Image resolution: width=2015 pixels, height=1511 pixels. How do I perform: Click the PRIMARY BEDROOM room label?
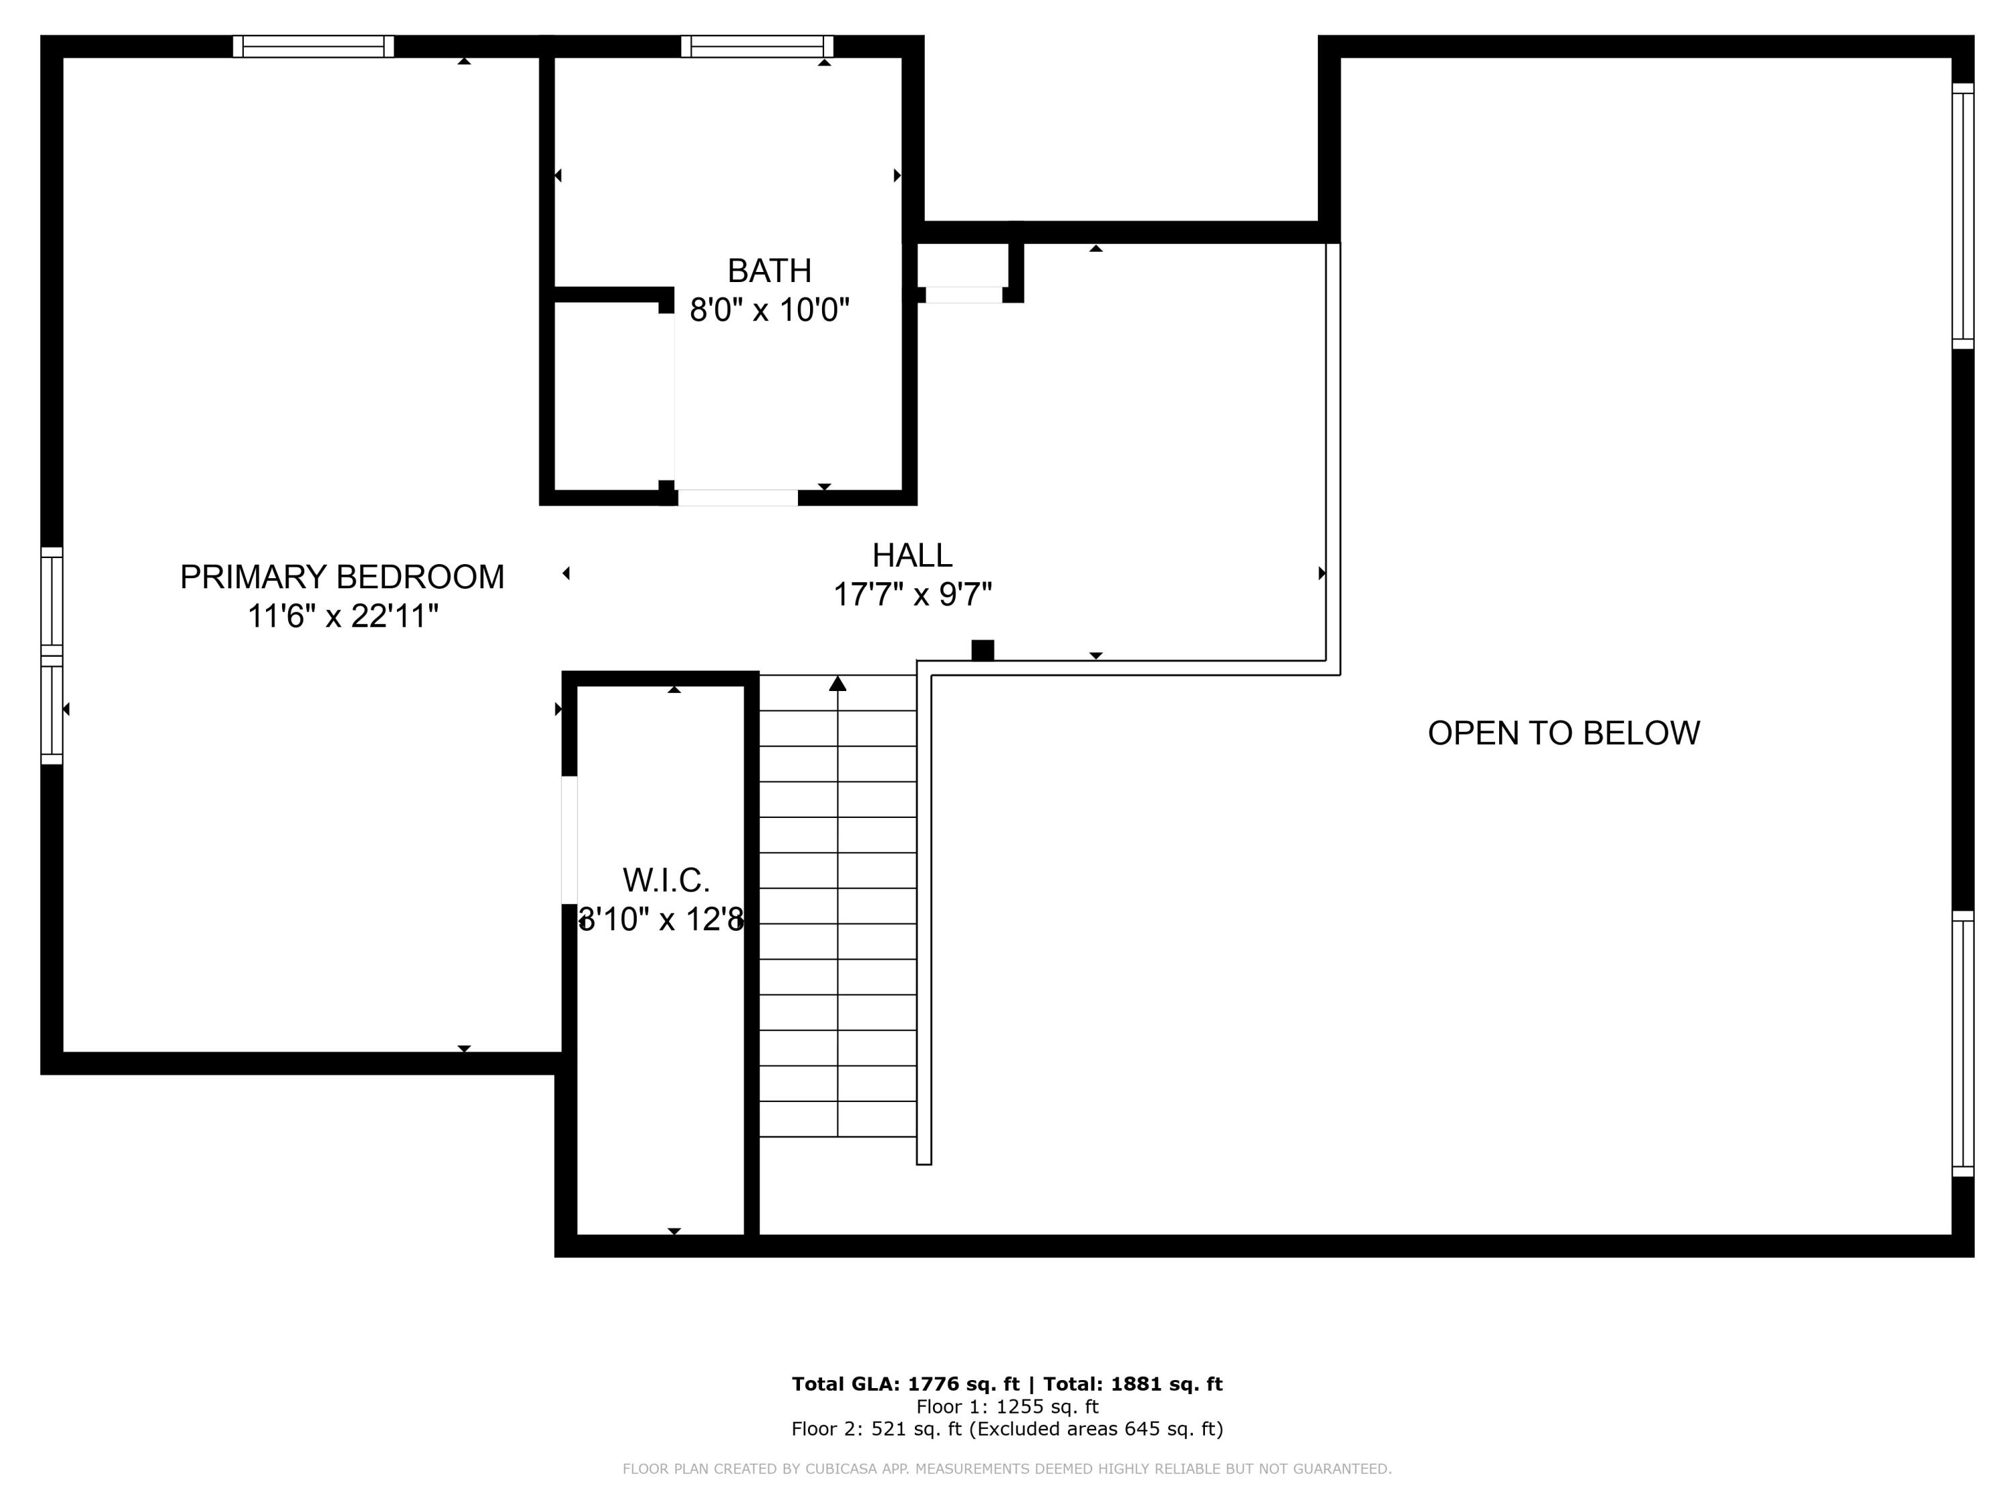[x=342, y=576]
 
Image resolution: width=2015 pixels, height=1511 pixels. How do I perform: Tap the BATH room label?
[x=769, y=271]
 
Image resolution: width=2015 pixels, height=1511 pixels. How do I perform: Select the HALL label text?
[x=912, y=555]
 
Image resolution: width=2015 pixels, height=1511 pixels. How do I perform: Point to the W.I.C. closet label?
[x=666, y=880]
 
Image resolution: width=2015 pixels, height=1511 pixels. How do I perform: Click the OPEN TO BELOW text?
[x=1563, y=733]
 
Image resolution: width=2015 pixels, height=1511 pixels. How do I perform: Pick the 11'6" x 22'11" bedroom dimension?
[x=343, y=616]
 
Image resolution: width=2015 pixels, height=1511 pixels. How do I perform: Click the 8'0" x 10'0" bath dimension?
[x=769, y=310]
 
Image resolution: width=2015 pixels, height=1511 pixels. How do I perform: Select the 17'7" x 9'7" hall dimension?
[x=912, y=595]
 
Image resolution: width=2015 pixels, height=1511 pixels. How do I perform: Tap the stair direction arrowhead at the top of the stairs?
[x=837, y=683]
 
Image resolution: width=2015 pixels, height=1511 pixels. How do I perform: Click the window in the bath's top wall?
[x=757, y=46]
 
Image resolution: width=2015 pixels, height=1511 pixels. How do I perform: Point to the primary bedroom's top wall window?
[x=314, y=46]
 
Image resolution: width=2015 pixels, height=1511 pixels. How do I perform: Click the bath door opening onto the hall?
[x=738, y=498]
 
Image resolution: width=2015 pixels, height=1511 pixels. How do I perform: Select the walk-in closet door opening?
[x=570, y=839]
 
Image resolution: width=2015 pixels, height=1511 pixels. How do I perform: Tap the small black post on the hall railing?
[x=982, y=650]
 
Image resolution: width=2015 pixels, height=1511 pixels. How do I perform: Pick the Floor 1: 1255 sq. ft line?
[x=1007, y=1406]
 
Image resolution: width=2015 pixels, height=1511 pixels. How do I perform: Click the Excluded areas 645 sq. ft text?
[x=1096, y=1428]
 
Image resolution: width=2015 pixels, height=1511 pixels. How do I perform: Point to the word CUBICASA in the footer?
[x=846, y=1468]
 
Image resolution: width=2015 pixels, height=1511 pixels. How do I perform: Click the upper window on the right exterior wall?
[x=1963, y=216]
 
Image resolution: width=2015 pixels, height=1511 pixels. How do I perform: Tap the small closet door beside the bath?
[x=964, y=294]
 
